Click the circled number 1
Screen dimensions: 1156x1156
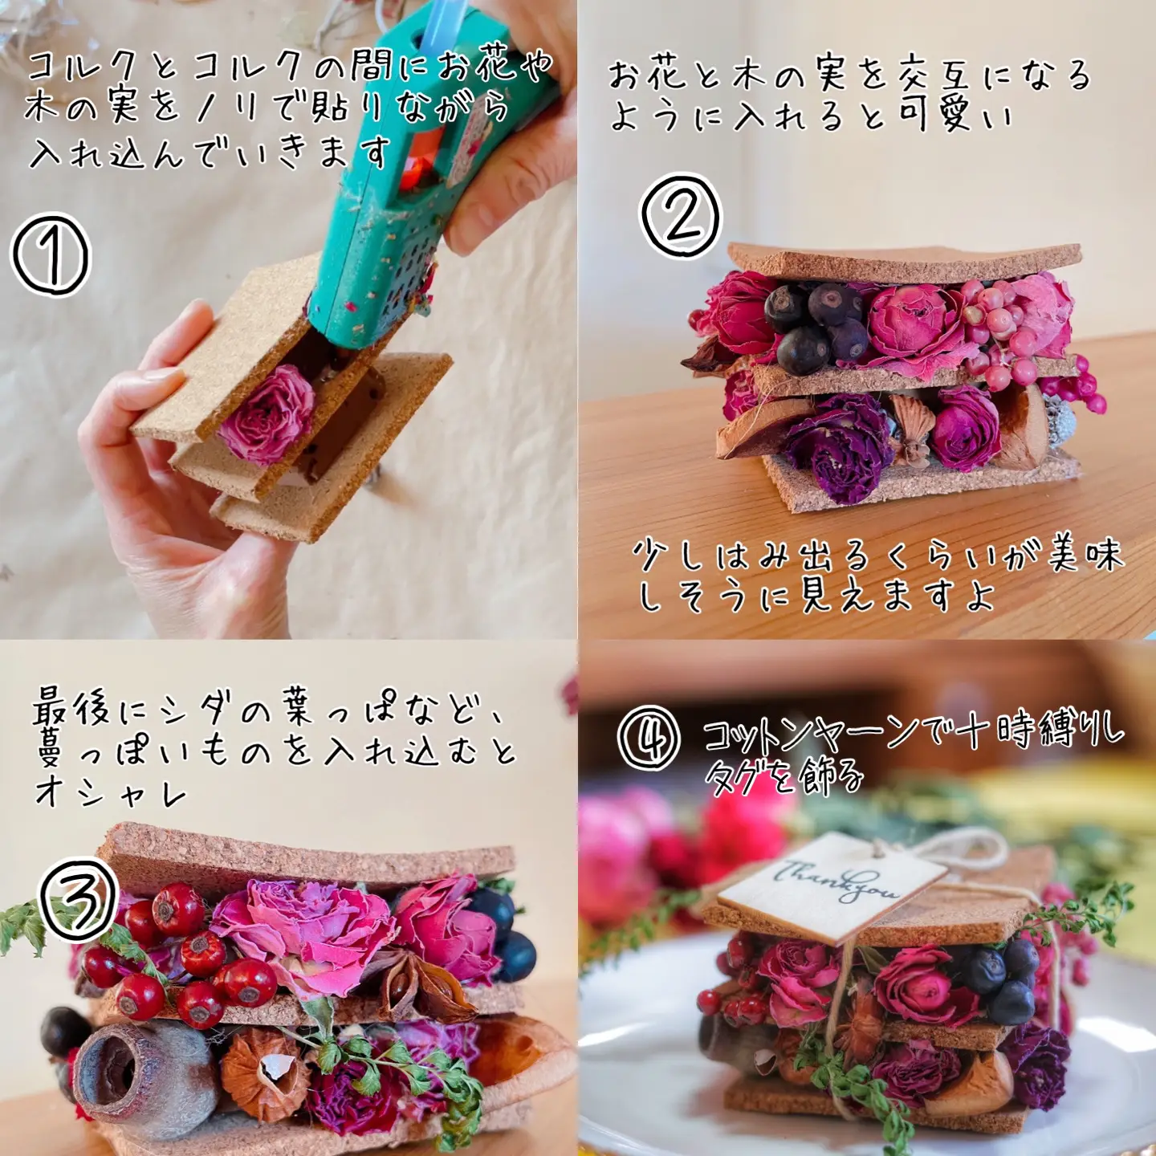click(51, 254)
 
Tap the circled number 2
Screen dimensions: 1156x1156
click(681, 217)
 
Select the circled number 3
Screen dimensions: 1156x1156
click(79, 899)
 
